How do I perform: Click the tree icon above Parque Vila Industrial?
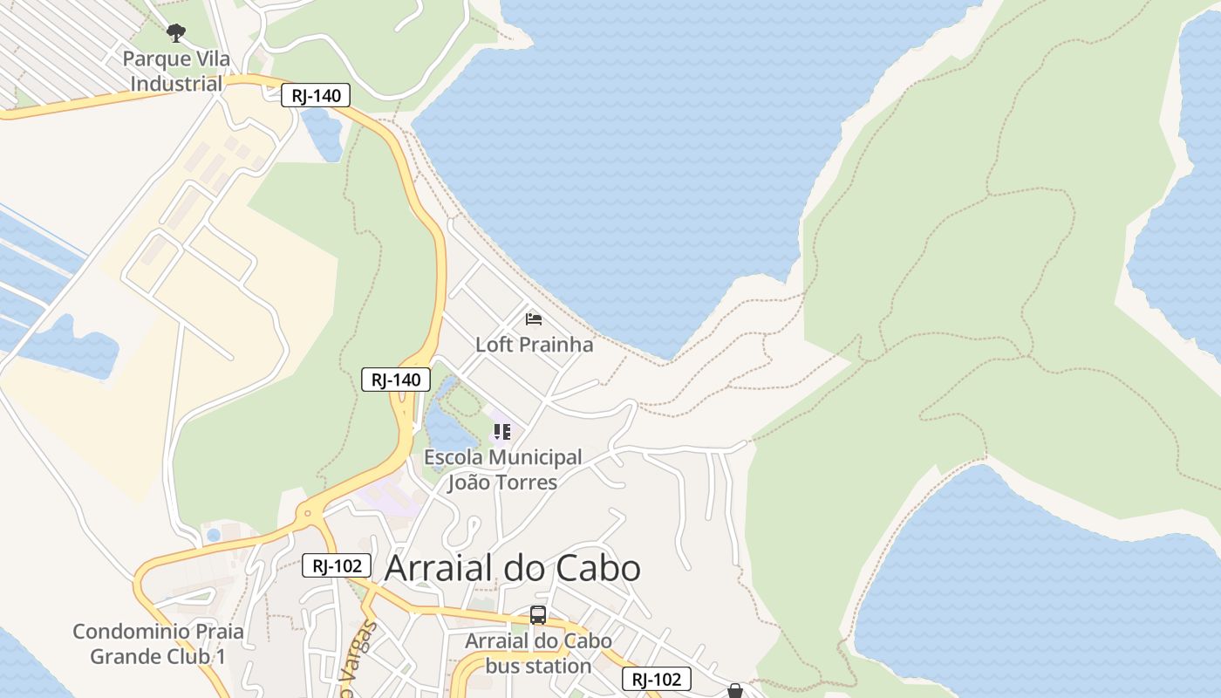point(176,33)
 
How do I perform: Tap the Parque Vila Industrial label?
point(176,72)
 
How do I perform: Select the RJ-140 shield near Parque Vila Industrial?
point(316,95)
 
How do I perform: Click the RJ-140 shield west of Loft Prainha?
point(396,380)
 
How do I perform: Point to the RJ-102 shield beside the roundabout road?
point(337,565)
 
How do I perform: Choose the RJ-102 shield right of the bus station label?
point(656,679)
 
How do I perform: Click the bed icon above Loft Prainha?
point(534,319)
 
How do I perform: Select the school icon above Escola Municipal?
point(501,431)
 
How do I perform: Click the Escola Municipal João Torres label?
point(502,469)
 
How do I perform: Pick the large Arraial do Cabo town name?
point(513,568)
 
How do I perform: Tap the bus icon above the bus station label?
point(538,615)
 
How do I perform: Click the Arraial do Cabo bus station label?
point(538,654)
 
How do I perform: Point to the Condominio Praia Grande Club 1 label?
point(158,644)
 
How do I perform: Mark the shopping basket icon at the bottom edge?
point(735,691)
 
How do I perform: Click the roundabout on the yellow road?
point(306,515)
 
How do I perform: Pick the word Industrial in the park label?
point(176,85)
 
